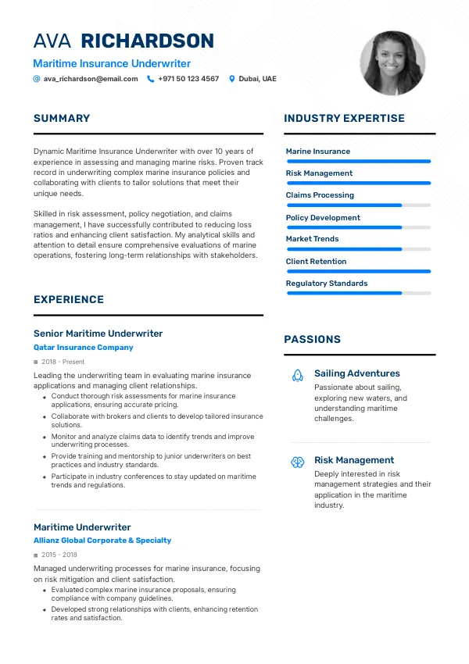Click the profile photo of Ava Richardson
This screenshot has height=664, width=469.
tap(392, 63)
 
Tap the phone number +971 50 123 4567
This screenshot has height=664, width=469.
tap(188, 79)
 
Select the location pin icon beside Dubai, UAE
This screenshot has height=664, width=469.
tap(231, 79)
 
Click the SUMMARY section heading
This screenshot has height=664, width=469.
tap(62, 119)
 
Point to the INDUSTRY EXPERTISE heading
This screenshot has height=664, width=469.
tap(344, 119)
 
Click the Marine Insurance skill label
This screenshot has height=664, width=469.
tap(318, 152)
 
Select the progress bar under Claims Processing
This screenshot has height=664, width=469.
tap(359, 205)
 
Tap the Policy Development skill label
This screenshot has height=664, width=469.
tap(323, 218)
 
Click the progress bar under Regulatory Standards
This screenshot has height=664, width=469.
tap(359, 293)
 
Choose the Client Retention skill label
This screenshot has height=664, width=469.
tap(316, 262)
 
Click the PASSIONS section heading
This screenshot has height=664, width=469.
tap(312, 340)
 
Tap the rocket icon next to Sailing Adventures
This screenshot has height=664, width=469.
tap(298, 376)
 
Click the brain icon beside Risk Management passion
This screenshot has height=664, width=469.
tap(298, 462)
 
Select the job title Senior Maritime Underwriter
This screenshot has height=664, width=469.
tap(98, 334)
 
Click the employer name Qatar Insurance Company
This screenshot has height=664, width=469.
tap(84, 348)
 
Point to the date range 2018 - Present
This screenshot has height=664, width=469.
tap(63, 362)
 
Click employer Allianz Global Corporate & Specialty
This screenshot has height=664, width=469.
tap(102, 541)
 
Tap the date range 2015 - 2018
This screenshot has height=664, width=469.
tap(59, 555)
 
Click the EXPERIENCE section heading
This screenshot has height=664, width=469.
tap(69, 300)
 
